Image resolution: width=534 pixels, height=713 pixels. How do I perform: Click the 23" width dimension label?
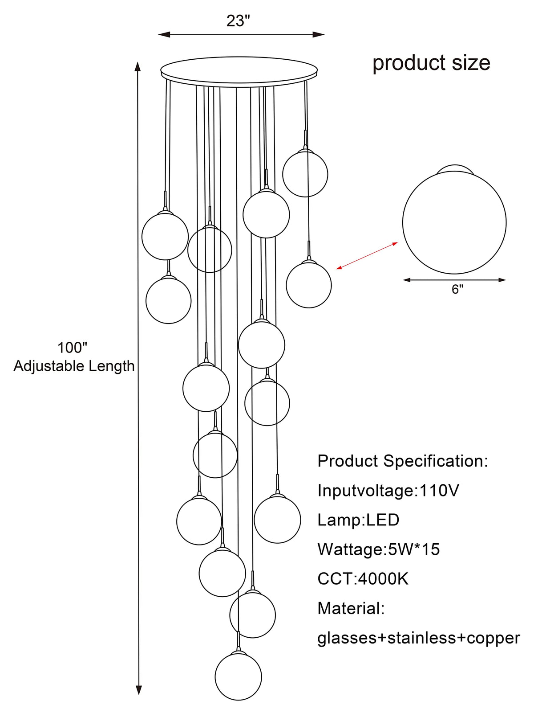pyautogui.click(x=238, y=21)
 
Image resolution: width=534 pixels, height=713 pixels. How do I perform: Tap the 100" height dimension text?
pyautogui.click(x=72, y=348)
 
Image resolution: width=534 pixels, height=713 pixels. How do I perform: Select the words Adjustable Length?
pyautogui.click(x=74, y=366)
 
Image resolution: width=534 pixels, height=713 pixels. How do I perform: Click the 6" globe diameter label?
pyautogui.click(x=457, y=290)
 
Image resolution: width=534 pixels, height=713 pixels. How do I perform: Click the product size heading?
pyautogui.click(x=431, y=63)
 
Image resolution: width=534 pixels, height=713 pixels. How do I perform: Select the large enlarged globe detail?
pyautogui.click(x=454, y=223)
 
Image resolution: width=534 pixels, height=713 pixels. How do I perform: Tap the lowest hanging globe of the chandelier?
pyautogui.click(x=238, y=676)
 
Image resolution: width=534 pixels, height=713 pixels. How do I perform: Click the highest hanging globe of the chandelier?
pyautogui.click(x=305, y=174)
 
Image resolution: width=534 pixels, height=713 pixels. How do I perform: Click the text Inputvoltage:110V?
pyautogui.click(x=388, y=491)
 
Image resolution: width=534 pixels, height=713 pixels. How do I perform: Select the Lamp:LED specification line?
pyautogui.click(x=358, y=520)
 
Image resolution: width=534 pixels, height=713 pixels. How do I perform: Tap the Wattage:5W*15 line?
pyautogui.click(x=378, y=549)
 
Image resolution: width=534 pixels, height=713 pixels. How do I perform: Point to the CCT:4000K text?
pyautogui.click(x=363, y=579)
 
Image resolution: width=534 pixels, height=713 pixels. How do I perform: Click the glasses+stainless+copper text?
pyautogui.click(x=418, y=638)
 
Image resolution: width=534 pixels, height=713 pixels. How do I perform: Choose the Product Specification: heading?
pyautogui.click(x=403, y=461)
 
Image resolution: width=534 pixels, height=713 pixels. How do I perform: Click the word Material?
pyautogui.click(x=351, y=608)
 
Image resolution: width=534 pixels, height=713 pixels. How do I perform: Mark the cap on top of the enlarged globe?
pyautogui.click(x=454, y=168)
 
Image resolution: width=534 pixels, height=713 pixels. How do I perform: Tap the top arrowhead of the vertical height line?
pyautogui.click(x=138, y=67)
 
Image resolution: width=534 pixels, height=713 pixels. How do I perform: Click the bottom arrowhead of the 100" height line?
pyautogui.click(x=139, y=690)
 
